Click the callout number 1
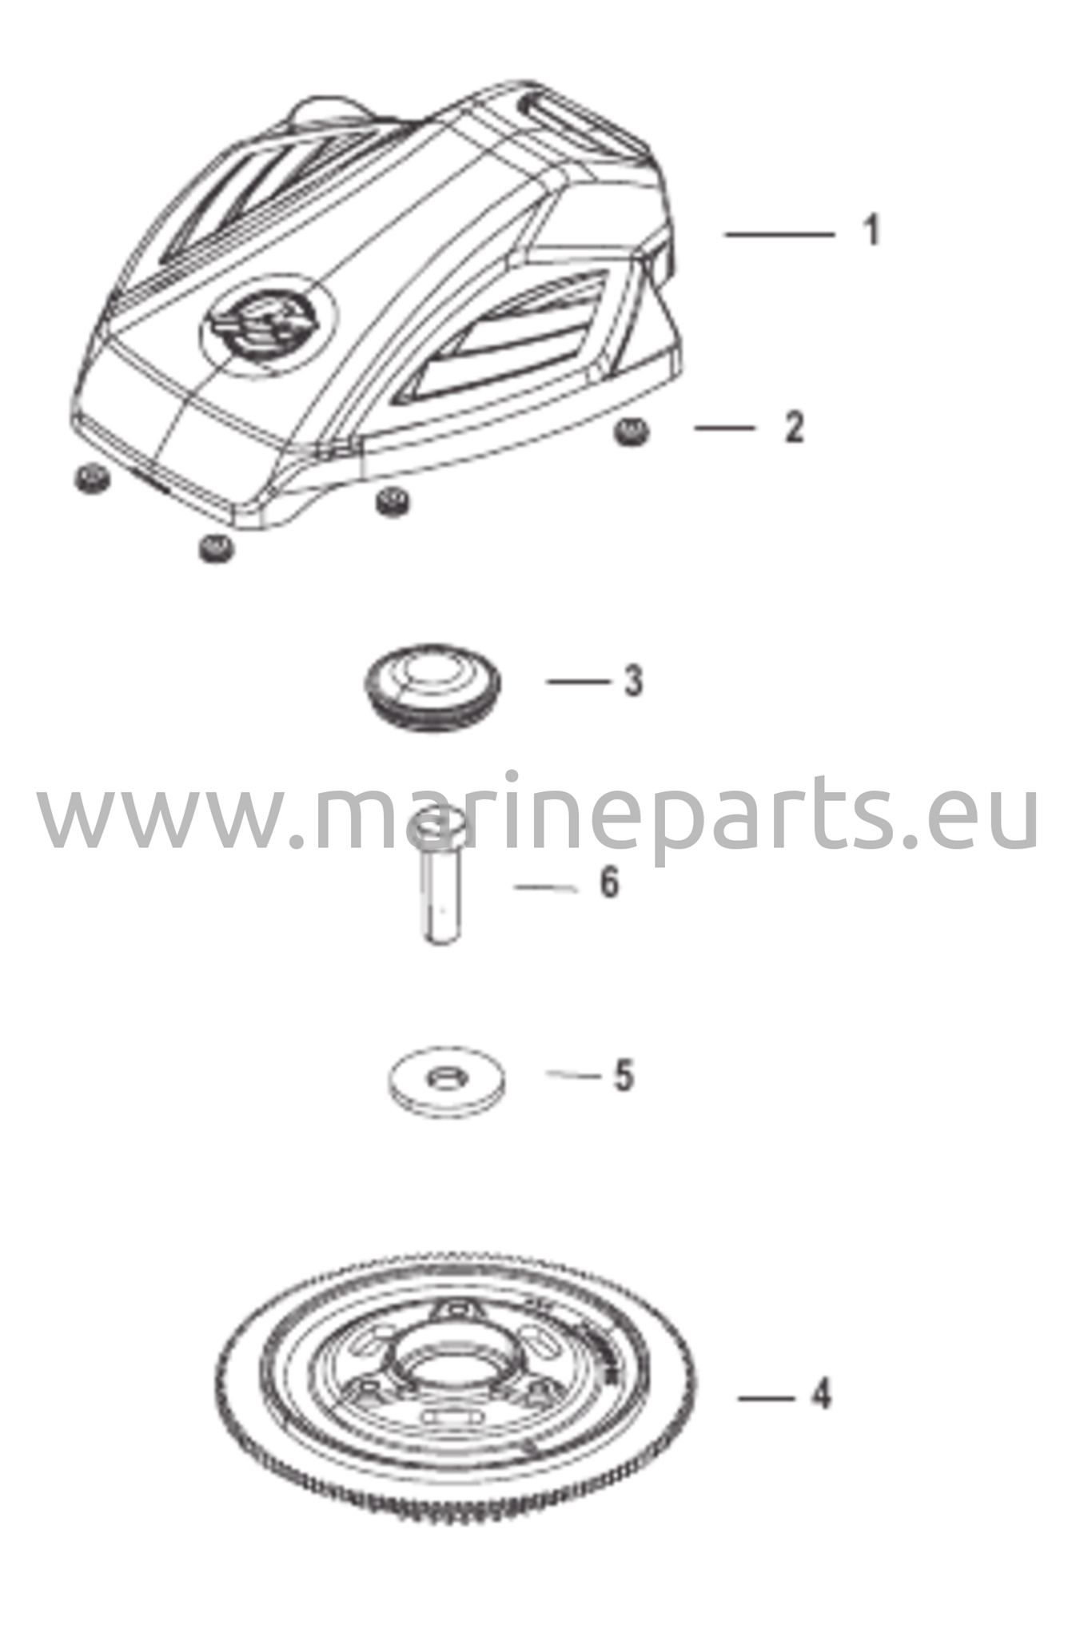[x=873, y=230]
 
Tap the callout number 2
[x=793, y=428]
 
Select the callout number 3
[x=633, y=681]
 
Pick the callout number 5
[x=624, y=1075]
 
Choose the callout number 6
[x=609, y=883]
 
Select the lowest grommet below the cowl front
[x=215, y=548]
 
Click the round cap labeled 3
[x=432, y=690]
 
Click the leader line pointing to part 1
[x=779, y=233]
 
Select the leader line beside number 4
[x=767, y=1398]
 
